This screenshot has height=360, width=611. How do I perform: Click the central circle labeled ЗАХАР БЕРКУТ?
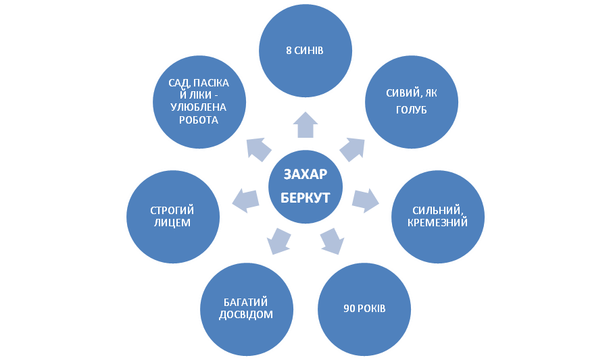pyautogui.click(x=305, y=186)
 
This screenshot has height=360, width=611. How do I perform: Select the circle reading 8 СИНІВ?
pyautogui.click(x=305, y=51)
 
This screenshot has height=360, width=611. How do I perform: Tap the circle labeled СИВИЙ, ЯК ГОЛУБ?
pyautogui.click(x=412, y=102)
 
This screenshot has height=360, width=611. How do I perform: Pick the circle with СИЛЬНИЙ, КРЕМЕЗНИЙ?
pyautogui.click(x=438, y=217)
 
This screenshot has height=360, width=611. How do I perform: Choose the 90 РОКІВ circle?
pyautogui.click(x=364, y=309)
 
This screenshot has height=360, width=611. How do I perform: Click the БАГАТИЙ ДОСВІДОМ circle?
pyautogui.click(x=247, y=309)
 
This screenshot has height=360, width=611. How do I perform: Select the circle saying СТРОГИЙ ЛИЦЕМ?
pyautogui.click(x=173, y=217)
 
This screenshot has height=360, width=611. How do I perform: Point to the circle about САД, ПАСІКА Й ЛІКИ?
pyautogui.click(x=199, y=102)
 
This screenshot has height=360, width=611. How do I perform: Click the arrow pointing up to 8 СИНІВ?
pyautogui.click(x=305, y=125)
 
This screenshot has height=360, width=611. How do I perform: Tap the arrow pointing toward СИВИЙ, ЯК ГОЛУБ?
pyautogui.click(x=353, y=149)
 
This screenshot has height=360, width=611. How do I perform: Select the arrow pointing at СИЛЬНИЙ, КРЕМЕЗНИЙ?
pyautogui.click(x=365, y=200)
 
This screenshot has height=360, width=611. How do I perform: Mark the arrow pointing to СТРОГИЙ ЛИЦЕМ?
pyautogui.click(x=245, y=200)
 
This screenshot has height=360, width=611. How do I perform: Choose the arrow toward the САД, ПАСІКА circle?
pyautogui.click(x=258, y=149)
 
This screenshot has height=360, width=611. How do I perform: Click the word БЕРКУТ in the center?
pyautogui.click(x=305, y=197)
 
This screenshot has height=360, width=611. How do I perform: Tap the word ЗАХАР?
pyautogui.click(x=305, y=174)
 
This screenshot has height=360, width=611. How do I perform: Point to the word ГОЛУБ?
pyautogui.click(x=412, y=110)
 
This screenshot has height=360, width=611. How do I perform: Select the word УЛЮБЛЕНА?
pyautogui.click(x=198, y=107)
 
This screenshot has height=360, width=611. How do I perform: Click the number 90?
pyautogui.click(x=349, y=309)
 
